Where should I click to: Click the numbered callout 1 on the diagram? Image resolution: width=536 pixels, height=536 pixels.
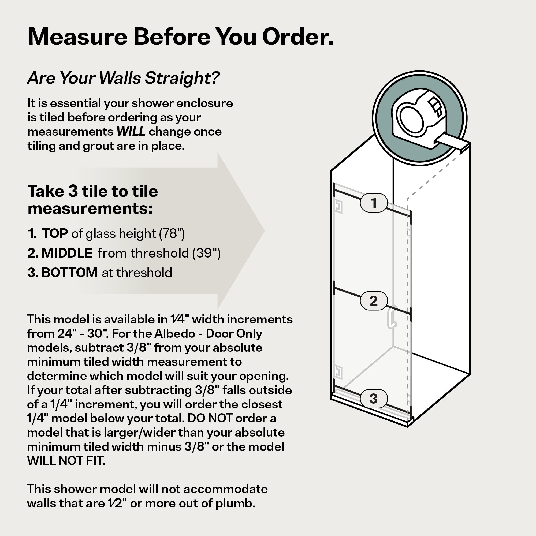pos(373,203)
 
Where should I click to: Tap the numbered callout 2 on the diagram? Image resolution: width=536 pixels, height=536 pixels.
pos(373,301)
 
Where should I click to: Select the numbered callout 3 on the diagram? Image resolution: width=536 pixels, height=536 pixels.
pos(373,399)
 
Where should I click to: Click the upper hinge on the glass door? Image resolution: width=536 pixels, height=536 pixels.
pos(338,207)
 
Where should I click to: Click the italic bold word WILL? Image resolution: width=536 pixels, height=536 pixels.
pos(131,132)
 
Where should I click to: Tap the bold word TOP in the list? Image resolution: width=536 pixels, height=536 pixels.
pos(55,233)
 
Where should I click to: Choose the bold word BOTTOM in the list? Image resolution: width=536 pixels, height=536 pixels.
pos(70,273)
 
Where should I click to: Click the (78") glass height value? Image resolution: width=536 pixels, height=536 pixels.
pos(172,234)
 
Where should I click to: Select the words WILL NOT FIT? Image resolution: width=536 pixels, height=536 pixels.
pos(66,461)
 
